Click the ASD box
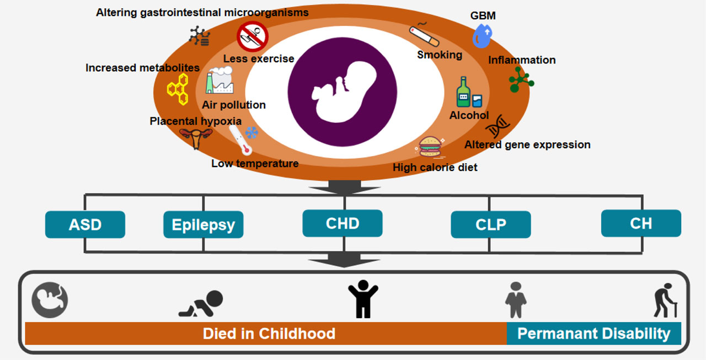[x=85, y=225]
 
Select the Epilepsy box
[x=203, y=225]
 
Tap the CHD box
[x=342, y=223]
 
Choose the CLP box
[x=490, y=225]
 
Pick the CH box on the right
[x=640, y=223]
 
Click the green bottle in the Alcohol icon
[x=463, y=93]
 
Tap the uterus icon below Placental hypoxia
[x=195, y=138]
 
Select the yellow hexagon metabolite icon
[x=179, y=89]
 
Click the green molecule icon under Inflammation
[x=520, y=80]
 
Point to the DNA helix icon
[x=497, y=126]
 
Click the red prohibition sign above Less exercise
[x=252, y=36]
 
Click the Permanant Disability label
[x=593, y=334]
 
